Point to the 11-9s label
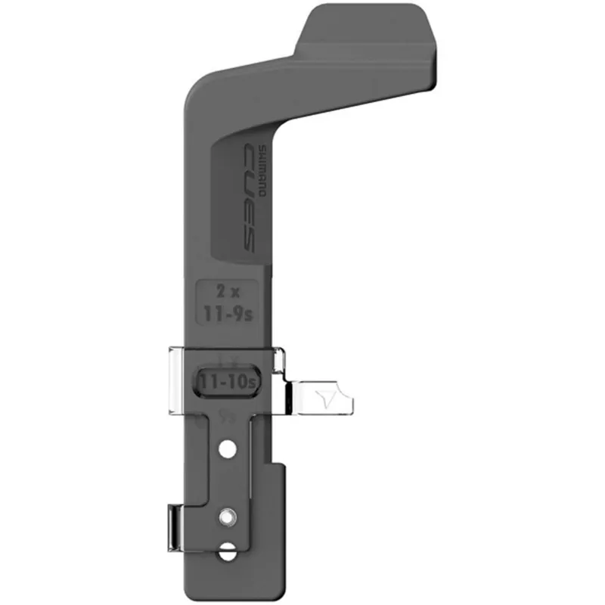[x=226, y=312]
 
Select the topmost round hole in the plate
[x=225, y=450]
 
